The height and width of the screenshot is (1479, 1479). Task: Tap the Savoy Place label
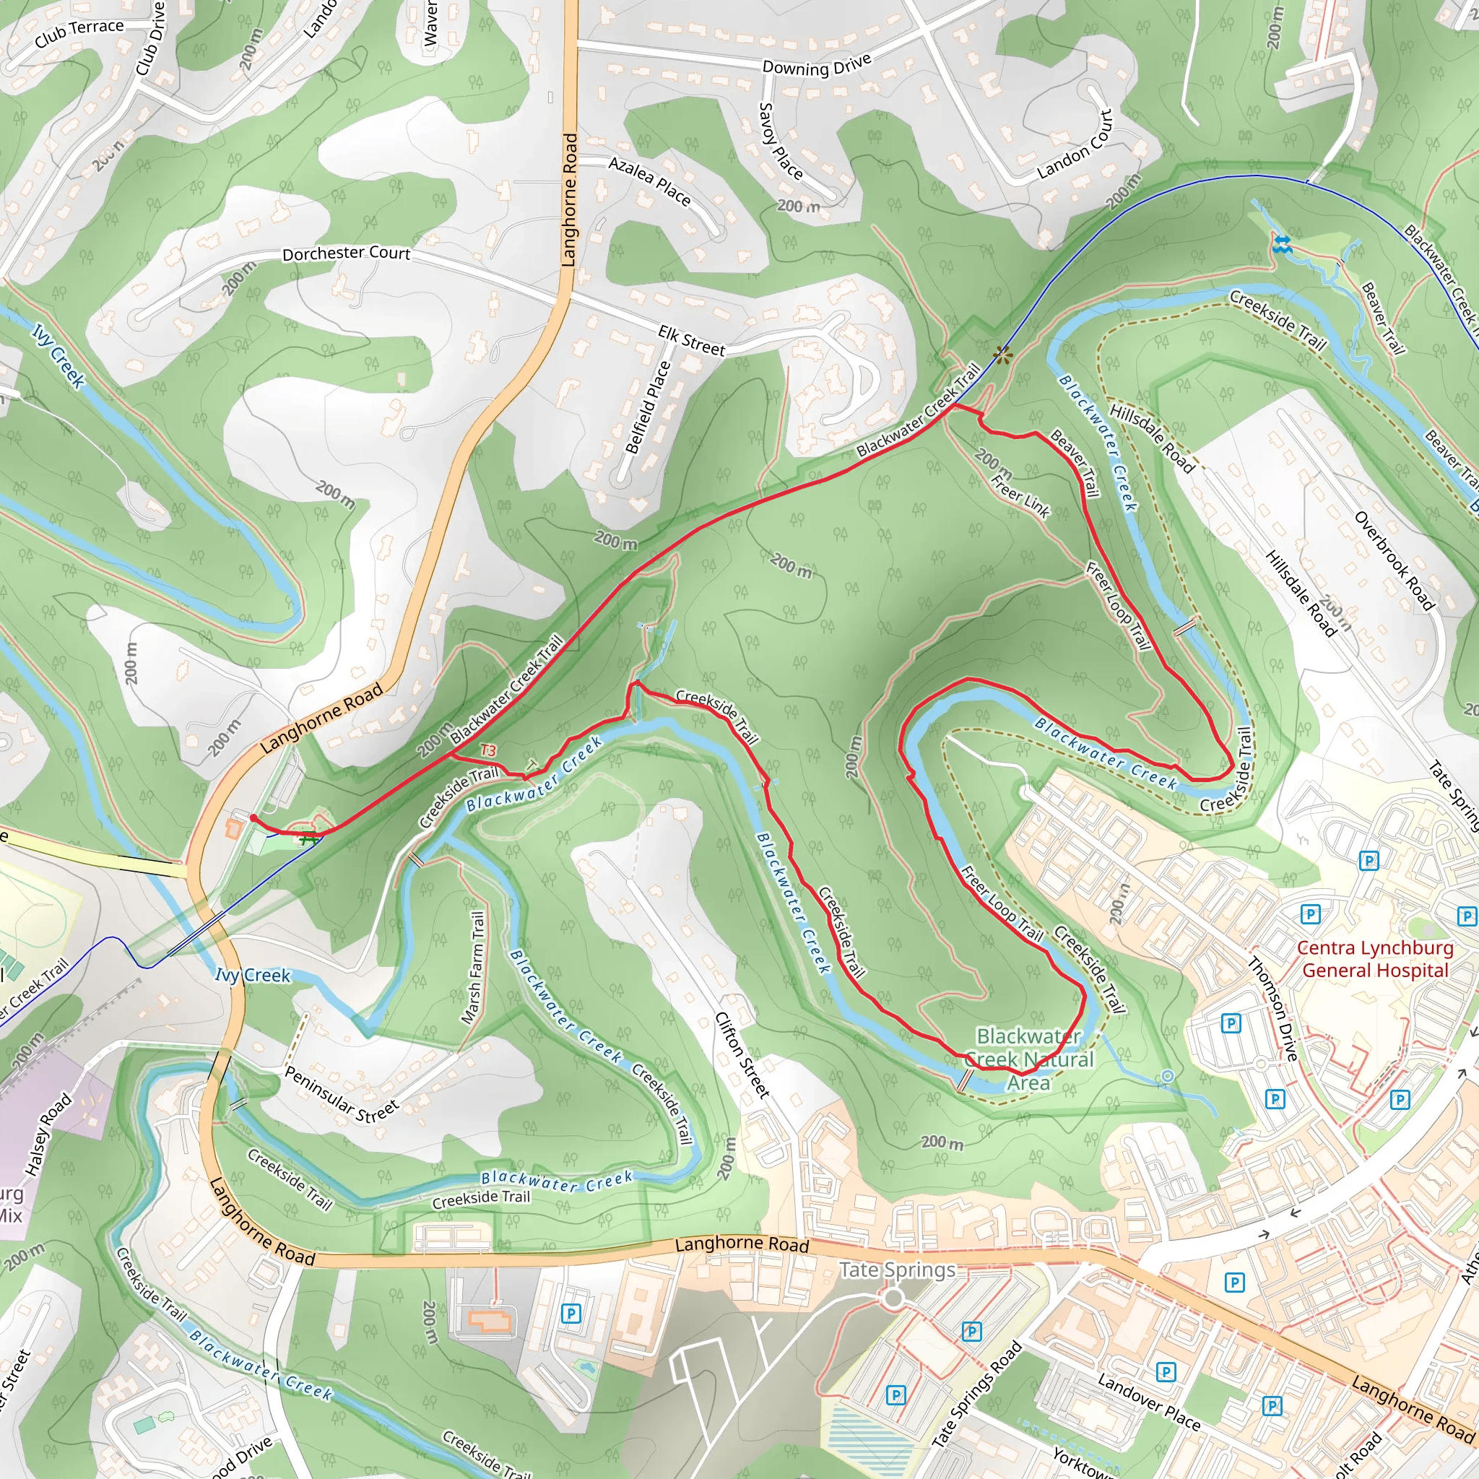(x=779, y=142)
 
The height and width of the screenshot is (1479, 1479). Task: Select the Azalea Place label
(x=649, y=181)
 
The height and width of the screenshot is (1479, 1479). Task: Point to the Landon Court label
(x=1075, y=145)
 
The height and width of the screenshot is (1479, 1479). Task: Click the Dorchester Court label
(x=346, y=253)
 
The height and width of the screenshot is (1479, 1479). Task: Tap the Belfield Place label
(x=648, y=407)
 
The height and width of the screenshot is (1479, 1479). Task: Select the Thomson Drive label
(x=1272, y=1008)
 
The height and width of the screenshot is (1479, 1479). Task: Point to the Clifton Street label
(x=741, y=1055)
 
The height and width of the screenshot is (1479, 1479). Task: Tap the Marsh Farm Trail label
(x=473, y=968)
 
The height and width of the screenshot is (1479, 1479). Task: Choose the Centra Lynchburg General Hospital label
(x=1375, y=959)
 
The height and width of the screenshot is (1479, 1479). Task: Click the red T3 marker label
(x=487, y=750)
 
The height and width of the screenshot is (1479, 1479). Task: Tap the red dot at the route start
(x=253, y=818)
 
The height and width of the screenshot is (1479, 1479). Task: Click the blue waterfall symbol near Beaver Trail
(x=1282, y=245)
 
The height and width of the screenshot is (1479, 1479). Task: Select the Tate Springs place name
(x=897, y=1270)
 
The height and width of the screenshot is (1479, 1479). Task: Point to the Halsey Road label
(x=48, y=1135)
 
